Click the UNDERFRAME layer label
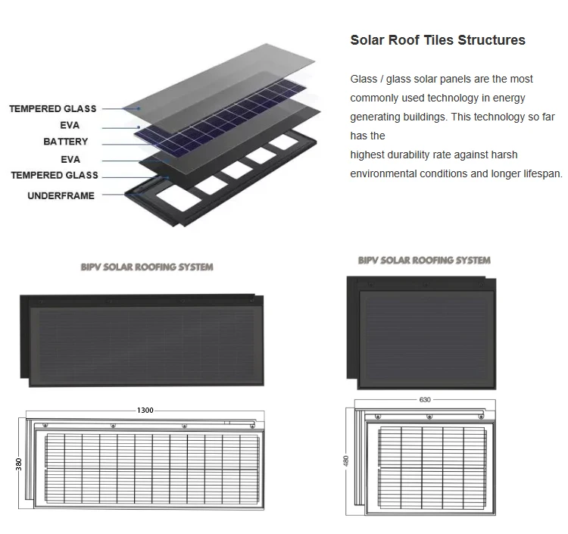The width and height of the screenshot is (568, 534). click(x=61, y=195)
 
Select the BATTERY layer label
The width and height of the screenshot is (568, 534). click(x=65, y=142)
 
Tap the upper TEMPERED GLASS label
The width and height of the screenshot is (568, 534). click(x=53, y=109)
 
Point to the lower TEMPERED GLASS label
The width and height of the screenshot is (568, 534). click(x=55, y=176)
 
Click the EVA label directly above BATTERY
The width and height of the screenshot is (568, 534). click(x=70, y=125)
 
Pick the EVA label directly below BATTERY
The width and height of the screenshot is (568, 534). click(x=70, y=160)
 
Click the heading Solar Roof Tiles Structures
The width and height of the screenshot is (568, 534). click(x=437, y=40)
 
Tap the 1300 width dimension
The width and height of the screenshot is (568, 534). click(x=145, y=410)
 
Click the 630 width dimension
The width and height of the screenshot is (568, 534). click(x=424, y=399)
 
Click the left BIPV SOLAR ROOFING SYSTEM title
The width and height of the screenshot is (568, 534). click(x=147, y=267)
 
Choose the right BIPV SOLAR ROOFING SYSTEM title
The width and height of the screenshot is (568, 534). click(x=424, y=260)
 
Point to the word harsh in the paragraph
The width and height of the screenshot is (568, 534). click(x=503, y=155)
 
